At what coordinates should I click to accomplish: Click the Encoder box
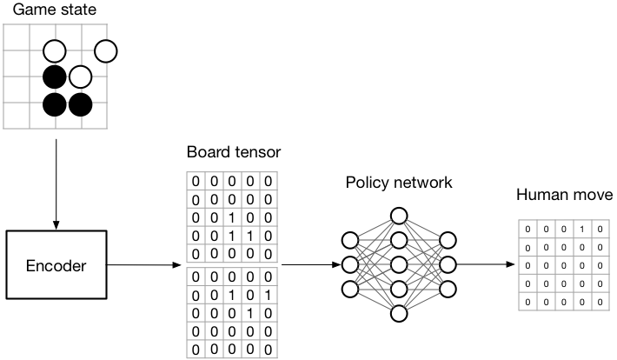tap(56, 265)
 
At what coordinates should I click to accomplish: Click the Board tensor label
tap(233, 153)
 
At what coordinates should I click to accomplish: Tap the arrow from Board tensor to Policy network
tap(308, 263)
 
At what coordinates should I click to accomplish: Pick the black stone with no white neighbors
tap(56, 104)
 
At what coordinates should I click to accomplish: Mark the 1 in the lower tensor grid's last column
tap(269, 295)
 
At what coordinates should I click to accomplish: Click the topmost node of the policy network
tap(399, 215)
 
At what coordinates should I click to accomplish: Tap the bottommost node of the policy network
tap(399, 313)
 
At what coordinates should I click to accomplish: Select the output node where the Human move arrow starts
tap(448, 263)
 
